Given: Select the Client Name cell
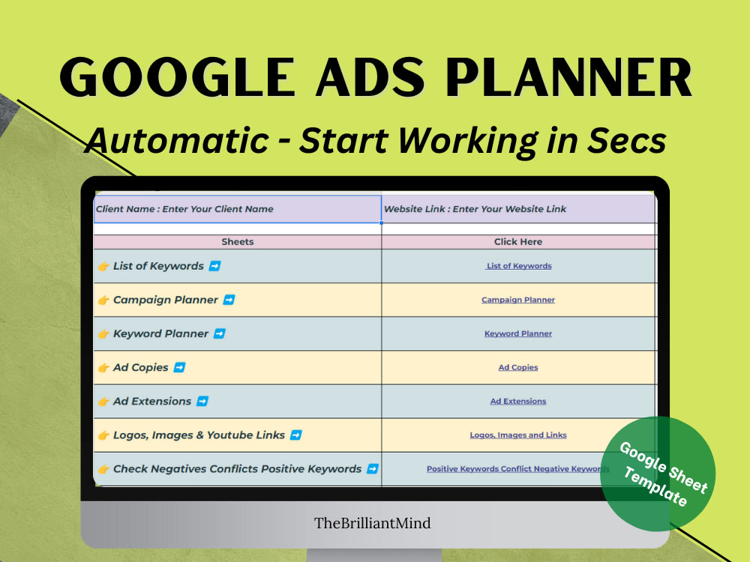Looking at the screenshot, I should pos(237,209).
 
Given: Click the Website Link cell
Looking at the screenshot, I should pos(518,209).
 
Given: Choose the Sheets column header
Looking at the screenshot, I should pos(237,242).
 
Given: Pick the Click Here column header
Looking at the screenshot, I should pos(518,242).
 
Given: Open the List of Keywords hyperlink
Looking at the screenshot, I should pos(518,266).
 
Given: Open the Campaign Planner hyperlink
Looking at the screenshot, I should pos(518,300).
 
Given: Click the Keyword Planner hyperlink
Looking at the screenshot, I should pos(518,333).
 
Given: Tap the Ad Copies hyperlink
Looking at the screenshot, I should pos(518,367).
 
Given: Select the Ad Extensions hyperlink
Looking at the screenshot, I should pos(518,401).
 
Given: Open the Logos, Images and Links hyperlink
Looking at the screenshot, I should pos(518,435).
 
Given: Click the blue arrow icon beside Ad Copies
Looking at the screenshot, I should pos(179,367).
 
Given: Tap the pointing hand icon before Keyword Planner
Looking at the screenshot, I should pos(103,333).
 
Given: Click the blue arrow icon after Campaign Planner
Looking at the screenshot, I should pos(229,300).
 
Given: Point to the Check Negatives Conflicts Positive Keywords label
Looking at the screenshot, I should pos(237,469).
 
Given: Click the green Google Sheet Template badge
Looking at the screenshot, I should pos(658,474).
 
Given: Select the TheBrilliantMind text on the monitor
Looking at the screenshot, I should pos(373,524).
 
